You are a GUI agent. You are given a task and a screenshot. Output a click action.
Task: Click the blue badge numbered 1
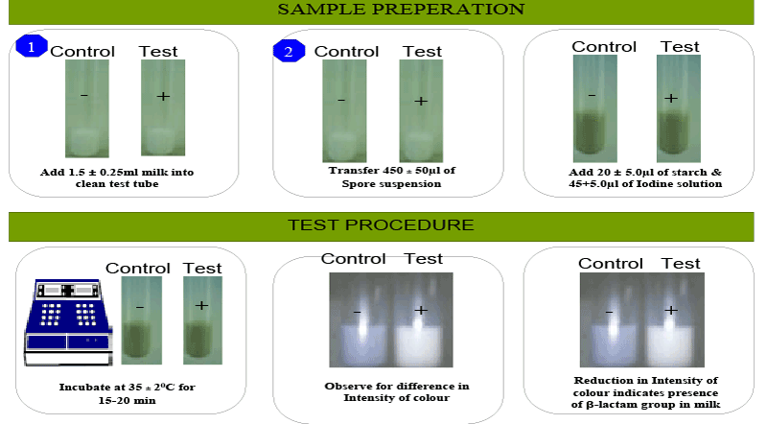(x=32, y=46)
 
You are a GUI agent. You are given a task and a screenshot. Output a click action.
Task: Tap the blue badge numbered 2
(x=290, y=51)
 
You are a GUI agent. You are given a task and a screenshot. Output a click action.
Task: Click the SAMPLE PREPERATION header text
(x=401, y=10)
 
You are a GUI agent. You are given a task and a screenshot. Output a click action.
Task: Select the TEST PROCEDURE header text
(x=381, y=225)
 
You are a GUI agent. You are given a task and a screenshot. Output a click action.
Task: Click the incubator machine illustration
(x=68, y=322)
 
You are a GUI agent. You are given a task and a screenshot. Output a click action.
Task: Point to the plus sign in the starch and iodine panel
(x=671, y=98)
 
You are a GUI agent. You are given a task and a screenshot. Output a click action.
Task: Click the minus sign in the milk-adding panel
(x=84, y=95)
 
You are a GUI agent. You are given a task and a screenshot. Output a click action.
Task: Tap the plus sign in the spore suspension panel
(x=421, y=101)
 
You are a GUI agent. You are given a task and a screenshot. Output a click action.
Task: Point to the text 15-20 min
(x=127, y=400)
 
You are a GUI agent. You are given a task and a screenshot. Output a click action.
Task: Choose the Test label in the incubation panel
(x=202, y=268)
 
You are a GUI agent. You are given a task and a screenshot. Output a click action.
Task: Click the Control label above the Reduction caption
(x=611, y=264)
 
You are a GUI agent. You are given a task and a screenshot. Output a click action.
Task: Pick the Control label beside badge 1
(x=82, y=51)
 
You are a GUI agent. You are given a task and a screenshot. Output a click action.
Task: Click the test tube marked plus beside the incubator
(x=202, y=320)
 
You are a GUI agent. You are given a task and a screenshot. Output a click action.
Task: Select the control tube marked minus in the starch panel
(x=594, y=108)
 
